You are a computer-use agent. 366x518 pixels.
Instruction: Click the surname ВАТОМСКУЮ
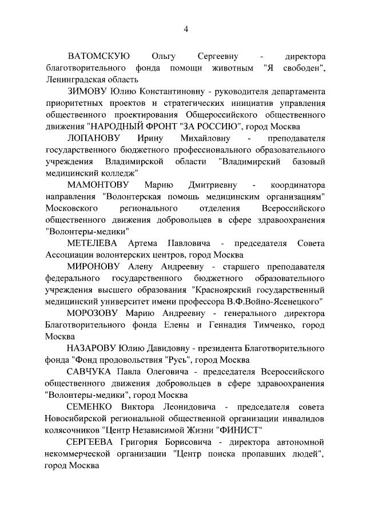(x=99, y=57)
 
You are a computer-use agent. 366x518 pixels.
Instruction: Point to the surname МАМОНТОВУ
(x=98, y=185)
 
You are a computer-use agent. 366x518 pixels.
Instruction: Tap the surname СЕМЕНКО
(x=89, y=408)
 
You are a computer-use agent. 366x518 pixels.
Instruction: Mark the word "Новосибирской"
(x=77, y=419)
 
